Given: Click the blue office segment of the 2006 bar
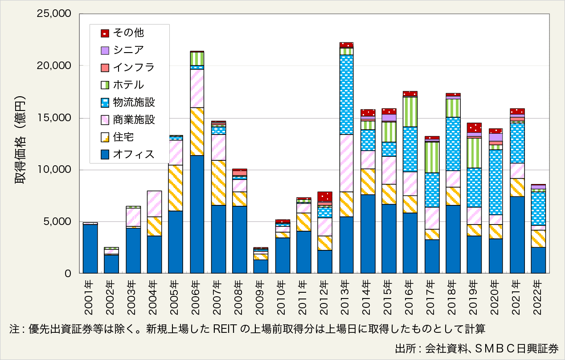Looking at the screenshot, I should click(x=197, y=214).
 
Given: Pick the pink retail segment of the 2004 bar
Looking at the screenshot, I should click(x=154, y=204).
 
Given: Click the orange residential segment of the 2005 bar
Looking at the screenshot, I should click(x=176, y=188).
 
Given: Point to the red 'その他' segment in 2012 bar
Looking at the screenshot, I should click(x=325, y=196).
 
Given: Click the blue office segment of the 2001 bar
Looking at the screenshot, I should click(x=90, y=249).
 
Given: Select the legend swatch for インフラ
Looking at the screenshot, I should click(x=105, y=68).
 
